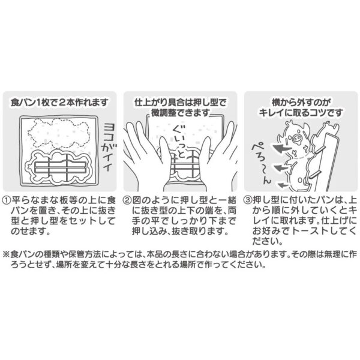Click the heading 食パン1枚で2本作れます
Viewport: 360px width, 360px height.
60,102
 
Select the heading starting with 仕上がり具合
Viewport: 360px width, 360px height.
179,102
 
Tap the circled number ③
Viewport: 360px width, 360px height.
246,200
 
